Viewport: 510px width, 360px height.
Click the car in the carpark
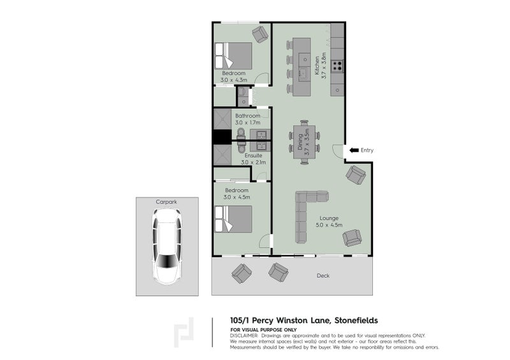coord(166,246)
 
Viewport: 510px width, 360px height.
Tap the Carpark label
coord(166,201)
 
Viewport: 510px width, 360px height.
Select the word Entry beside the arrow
coord(367,150)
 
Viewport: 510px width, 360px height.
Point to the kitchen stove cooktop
coord(338,65)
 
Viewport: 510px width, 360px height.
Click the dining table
coord(305,144)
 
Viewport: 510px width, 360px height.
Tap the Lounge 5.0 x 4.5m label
coord(330,221)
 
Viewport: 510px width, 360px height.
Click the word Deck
coord(323,276)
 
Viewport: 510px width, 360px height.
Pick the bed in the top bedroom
coord(233,55)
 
